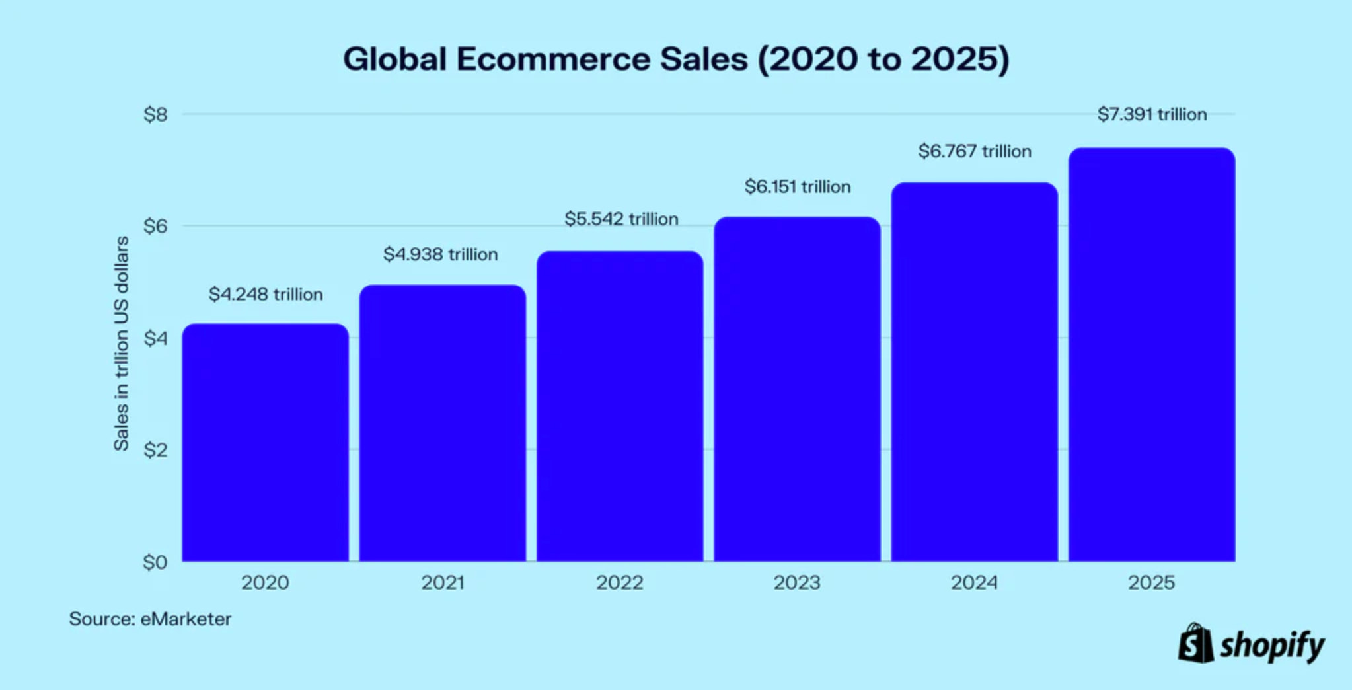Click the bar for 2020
coord(265,443)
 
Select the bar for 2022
coord(620,406)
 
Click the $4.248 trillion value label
coord(266,294)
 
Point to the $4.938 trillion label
coord(440,254)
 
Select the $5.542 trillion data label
coord(621,219)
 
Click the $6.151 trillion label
coord(798,186)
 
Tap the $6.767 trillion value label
coord(975,151)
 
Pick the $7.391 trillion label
coord(1152,114)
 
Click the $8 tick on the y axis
coord(155,114)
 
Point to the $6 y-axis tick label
coord(155,226)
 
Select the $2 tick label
coord(155,450)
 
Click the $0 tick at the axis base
coord(155,562)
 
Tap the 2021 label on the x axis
coord(443,582)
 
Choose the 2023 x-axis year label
coord(797,582)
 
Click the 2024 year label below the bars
coord(974,582)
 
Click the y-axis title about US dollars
coord(121,344)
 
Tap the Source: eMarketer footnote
coord(150,619)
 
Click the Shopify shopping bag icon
coord(1196,643)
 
